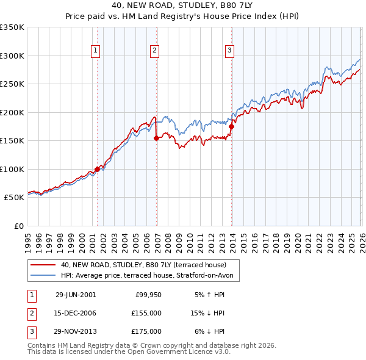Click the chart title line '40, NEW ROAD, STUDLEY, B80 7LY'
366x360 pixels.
click(x=182, y=5)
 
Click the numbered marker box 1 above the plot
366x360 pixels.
click(x=97, y=51)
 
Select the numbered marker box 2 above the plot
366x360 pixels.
click(x=155, y=51)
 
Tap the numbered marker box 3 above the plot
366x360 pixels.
click(x=230, y=51)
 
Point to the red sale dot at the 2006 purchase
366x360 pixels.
click(x=156, y=138)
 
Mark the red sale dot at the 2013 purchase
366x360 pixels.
click(x=231, y=126)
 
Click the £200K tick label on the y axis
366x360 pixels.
click(x=12, y=112)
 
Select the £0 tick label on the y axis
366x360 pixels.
click(x=18, y=226)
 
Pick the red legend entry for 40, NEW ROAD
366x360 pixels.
click(x=143, y=265)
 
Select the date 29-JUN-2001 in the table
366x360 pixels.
click(x=76, y=294)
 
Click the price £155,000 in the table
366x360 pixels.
click(x=146, y=313)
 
